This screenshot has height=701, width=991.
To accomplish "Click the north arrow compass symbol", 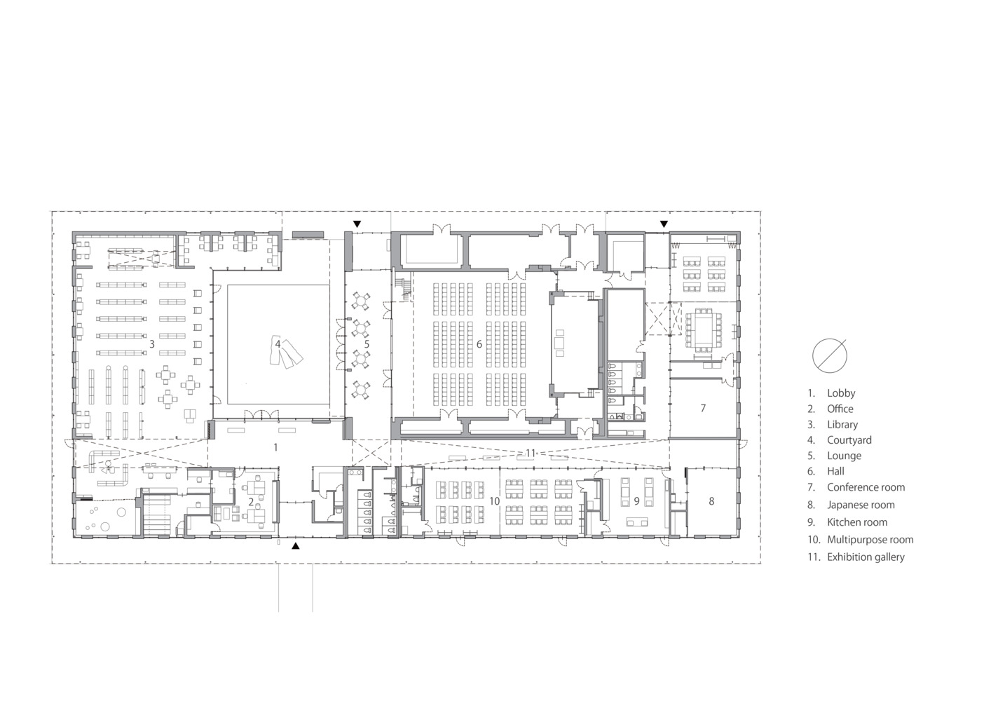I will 830,355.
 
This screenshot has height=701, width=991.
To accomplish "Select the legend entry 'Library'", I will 842,425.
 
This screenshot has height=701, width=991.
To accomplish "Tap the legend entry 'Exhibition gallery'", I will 865,557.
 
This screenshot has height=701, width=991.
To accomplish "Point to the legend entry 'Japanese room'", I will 860,505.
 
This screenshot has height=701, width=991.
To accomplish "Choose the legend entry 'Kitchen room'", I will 856,522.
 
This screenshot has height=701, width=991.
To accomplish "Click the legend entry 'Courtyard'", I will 849,440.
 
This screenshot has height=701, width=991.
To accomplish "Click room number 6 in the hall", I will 479,344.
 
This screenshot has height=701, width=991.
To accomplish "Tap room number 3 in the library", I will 152,344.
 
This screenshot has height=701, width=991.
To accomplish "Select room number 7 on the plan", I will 703,408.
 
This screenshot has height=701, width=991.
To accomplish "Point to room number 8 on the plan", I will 711,501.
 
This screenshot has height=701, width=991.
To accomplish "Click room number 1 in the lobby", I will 276,447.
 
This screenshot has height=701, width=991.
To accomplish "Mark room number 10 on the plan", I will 494,501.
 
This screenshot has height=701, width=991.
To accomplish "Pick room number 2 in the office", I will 251,502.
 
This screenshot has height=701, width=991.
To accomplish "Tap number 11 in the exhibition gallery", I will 531,454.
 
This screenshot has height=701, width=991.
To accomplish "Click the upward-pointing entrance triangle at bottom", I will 296,545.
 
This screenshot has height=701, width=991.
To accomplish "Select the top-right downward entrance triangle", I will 664,224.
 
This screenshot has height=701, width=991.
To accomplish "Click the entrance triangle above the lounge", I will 357,224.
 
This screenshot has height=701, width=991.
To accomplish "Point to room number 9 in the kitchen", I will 636,501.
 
